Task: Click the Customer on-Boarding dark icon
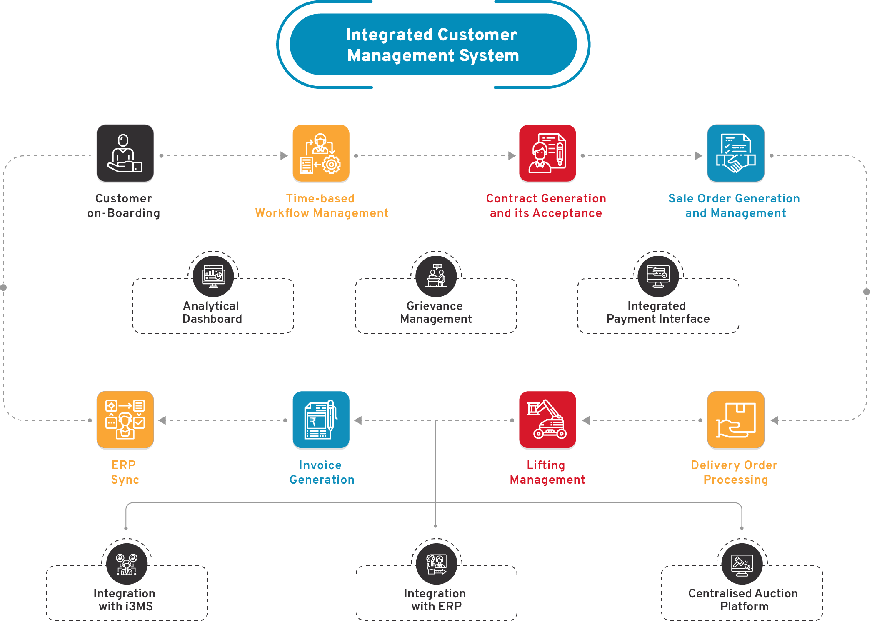125,153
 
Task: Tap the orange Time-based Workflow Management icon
321,153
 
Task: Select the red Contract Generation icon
547,153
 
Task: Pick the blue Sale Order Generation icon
736,153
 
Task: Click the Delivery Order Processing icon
736,420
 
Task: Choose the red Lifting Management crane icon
547,420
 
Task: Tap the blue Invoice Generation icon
321,420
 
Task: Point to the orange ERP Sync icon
125,420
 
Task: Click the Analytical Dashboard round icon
213,276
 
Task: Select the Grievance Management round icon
436,276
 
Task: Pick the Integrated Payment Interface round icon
658,276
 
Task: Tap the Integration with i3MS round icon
127,564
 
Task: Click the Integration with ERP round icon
436,564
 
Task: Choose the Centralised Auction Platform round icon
742,564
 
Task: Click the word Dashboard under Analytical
212,319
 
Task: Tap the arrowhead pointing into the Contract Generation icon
512,156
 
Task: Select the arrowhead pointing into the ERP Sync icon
162,420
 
